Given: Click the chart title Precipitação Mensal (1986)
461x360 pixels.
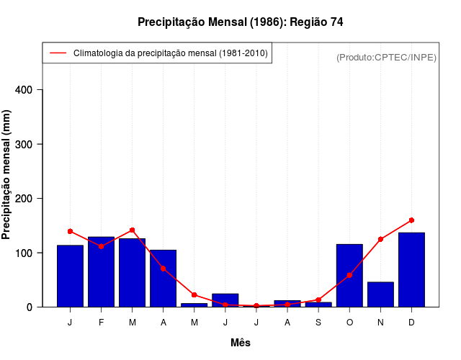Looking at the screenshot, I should [240, 22].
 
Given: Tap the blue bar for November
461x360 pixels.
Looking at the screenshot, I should [380, 294].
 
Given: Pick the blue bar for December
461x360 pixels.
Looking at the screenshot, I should [411, 270].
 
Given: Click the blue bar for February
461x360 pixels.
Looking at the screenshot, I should [101, 272].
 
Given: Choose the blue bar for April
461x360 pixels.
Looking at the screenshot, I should [164, 279].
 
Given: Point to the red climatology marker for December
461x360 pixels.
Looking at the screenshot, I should [411, 220].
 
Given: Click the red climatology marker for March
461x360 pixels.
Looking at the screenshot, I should [132, 230].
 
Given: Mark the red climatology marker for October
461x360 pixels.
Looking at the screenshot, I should [349, 275].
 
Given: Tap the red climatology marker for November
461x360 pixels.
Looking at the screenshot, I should [380, 239].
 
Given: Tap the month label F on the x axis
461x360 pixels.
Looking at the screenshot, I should [101, 323].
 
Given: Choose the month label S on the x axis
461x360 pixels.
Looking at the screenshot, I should [318, 323].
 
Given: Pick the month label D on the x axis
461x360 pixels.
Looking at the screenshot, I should [411, 323].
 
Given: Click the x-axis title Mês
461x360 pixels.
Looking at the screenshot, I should [241, 343].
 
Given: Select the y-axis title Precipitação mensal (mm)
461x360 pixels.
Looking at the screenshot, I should [7, 180].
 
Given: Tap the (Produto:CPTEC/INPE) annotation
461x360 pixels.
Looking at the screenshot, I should [386, 57].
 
